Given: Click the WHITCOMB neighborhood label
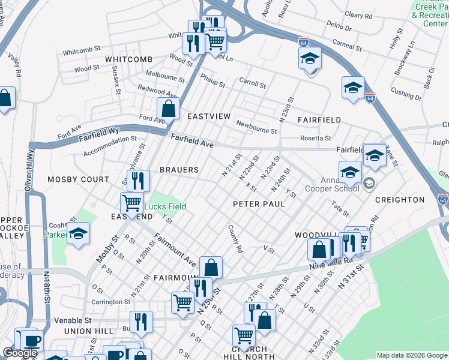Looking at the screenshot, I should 129,59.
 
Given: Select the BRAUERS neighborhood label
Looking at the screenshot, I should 179,170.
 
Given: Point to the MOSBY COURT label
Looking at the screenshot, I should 79,179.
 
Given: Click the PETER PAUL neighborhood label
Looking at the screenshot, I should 258,204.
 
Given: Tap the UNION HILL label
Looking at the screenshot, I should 85,331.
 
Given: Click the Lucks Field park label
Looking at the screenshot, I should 167,206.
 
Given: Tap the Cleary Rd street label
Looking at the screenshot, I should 358,15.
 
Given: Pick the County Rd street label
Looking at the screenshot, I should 235,239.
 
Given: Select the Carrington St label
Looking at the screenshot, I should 110,302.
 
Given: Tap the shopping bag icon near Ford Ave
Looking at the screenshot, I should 169,109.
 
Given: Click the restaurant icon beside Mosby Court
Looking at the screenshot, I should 138,180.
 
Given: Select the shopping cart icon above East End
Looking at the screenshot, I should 131,202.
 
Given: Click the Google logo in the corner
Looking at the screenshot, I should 20,353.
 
